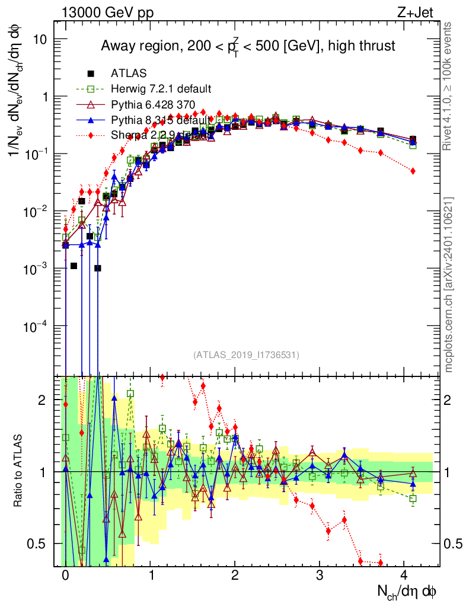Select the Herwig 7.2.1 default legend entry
[x=161, y=90]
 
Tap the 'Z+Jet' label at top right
[x=422, y=11]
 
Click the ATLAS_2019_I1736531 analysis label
[x=246, y=355]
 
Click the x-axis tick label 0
[x=65, y=576]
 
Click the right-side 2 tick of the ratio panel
[x=448, y=400]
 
